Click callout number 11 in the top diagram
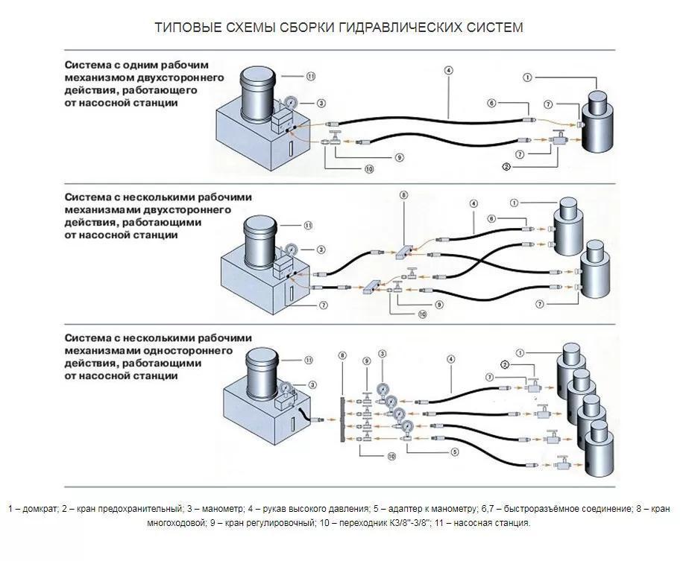pyautogui.click(x=311, y=76)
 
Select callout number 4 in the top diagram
pyautogui.click(x=448, y=70)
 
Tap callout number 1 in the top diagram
pyautogui.click(x=527, y=77)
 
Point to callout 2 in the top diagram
pyautogui.click(x=506, y=166)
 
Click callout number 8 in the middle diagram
pyautogui.click(x=404, y=195)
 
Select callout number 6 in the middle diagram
pyautogui.click(x=491, y=218)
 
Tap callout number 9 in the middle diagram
pyautogui.click(x=439, y=304)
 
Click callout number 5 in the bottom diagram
pyautogui.click(x=454, y=450)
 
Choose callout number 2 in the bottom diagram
pyautogui.click(x=505, y=364)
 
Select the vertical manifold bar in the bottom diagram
pyautogui.click(x=342, y=410)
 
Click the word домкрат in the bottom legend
pyautogui.click(x=39, y=509)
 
